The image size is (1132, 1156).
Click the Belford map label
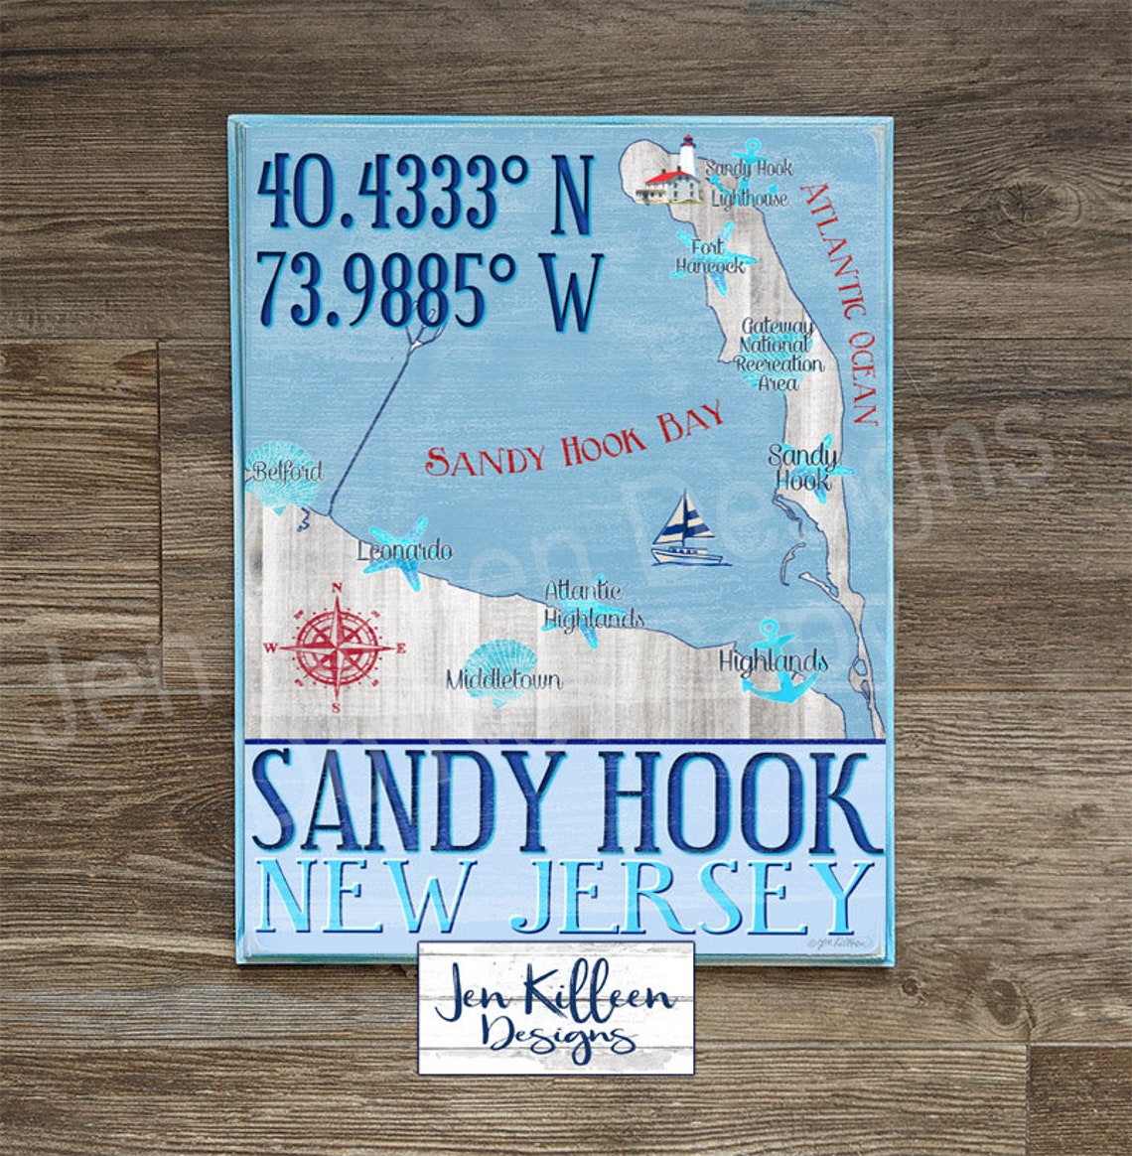287,471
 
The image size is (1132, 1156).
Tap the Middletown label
502,680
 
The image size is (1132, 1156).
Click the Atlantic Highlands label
593,605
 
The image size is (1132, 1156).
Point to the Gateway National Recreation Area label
779,354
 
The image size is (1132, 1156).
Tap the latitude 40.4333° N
424,195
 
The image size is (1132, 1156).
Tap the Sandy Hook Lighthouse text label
749,183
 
